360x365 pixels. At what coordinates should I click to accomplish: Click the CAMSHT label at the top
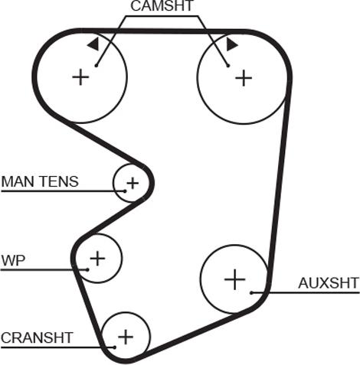(x=162, y=5)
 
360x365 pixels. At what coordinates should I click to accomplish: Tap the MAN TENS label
(x=40, y=181)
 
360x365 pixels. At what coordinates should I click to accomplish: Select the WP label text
(x=13, y=261)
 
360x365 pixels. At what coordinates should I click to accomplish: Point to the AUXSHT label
(x=329, y=283)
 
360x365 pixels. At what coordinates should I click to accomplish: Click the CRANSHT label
(x=37, y=337)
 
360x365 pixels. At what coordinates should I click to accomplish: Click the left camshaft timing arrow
(x=93, y=44)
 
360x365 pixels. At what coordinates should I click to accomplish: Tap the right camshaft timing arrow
(x=232, y=44)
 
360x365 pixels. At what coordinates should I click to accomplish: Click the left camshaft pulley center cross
(x=80, y=77)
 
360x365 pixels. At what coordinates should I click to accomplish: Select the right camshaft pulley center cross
(x=244, y=78)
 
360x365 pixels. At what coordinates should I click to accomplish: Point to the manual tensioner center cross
(x=133, y=183)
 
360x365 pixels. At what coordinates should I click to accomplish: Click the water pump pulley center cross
(x=97, y=259)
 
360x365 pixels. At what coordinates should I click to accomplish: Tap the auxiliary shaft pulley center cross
(x=234, y=279)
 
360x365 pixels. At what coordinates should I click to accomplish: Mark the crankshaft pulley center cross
(x=126, y=337)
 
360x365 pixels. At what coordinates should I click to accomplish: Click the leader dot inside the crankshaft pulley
(x=115, y=347)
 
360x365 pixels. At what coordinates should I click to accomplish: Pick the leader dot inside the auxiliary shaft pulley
(x=251, y=292)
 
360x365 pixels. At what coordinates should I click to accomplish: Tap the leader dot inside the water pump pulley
(x=87, y=269)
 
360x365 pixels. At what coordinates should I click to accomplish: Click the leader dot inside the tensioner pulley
(x=125, y=191)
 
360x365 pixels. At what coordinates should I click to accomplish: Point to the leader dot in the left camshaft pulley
(x=97, y=66)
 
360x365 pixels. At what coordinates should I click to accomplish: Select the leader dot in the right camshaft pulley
(x=228, y=66)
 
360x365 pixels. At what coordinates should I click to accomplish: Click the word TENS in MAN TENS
(x=59, y=181)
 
